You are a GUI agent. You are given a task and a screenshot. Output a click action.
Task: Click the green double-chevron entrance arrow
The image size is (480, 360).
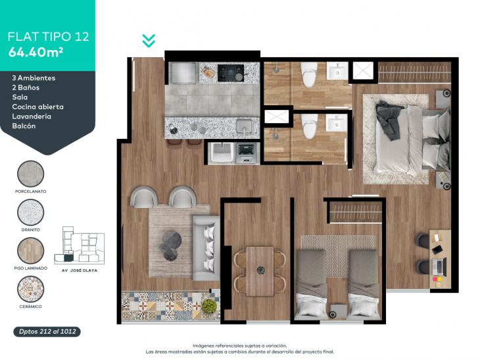(x=149, y=41)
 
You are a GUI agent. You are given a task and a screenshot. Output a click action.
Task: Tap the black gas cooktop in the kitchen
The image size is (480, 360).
(x=231, y=73)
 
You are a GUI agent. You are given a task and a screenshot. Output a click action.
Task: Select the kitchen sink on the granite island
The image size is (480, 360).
(x=244, y=126)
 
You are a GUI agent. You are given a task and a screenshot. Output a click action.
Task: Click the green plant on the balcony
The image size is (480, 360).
(x=209, y=305)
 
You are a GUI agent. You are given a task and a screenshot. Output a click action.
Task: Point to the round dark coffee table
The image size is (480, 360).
(x=170, y=245)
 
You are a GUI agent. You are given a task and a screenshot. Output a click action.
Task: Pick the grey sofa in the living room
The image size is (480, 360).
(x=206, y=248)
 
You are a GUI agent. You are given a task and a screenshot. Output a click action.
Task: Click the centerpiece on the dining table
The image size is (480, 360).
(x=261, y=270)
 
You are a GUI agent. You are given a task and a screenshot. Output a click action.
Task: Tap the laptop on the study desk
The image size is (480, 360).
(x=439, y=266)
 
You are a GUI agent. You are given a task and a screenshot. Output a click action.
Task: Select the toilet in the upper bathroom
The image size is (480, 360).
(x=308, y=74)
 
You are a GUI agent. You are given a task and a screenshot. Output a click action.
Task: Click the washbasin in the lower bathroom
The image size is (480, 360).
(x=336, y=123)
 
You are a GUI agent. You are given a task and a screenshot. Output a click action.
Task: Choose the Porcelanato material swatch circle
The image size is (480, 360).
(x=31, y=174)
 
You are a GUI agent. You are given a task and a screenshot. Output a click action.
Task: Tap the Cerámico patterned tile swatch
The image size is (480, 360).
(x=31, y=289)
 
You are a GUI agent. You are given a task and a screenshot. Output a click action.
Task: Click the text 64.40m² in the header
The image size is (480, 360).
(x=36, y=53)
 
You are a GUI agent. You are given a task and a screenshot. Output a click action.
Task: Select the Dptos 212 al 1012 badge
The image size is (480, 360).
(x=47, y=332)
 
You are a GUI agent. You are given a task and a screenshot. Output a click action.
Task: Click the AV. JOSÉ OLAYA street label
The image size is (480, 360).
(x=80, y=270)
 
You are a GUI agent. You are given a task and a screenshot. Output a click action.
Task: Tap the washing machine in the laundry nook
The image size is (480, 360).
(x=247, y=153)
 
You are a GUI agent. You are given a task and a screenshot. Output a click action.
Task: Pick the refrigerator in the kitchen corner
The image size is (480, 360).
(x=183, y=73)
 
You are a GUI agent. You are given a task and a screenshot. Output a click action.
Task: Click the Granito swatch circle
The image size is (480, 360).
(x=31, y=213)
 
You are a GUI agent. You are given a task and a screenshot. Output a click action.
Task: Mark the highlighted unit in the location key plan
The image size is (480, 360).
(x=68, y=258)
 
